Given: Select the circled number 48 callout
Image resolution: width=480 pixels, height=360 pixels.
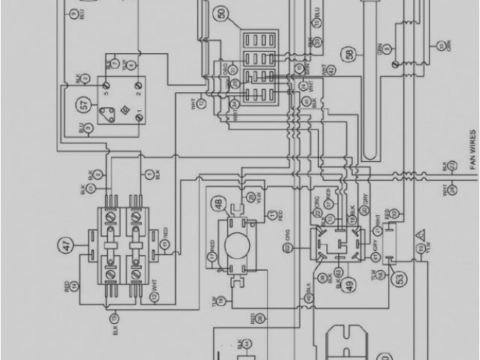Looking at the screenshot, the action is click(220, 203).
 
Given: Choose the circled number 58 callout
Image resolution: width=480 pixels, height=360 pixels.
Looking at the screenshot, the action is click(350, 54).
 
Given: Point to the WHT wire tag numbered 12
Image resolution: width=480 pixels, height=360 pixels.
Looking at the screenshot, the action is click(154, 294).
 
